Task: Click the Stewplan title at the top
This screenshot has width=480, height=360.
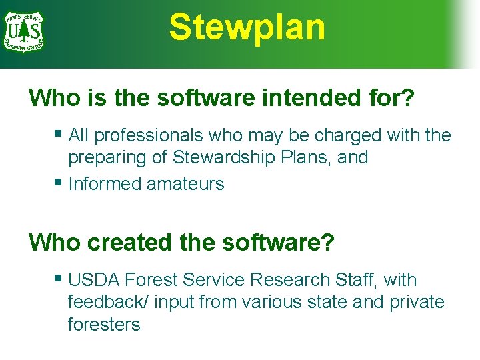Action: pyautogui.click(x=247, y=28)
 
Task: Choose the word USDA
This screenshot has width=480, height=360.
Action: pyautogui.click(x=94, y=280)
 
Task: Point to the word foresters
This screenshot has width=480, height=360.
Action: pyautogui.click(x=104, y=325)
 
